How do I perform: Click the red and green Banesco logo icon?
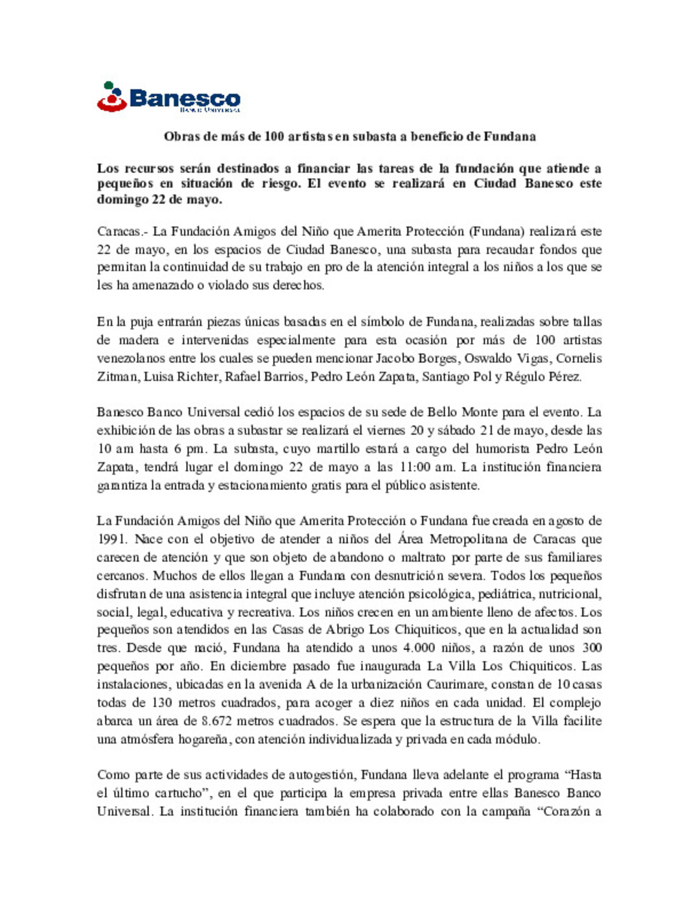point(111,97)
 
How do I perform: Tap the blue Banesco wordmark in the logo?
point(185,99)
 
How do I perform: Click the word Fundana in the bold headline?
point(509,137)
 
